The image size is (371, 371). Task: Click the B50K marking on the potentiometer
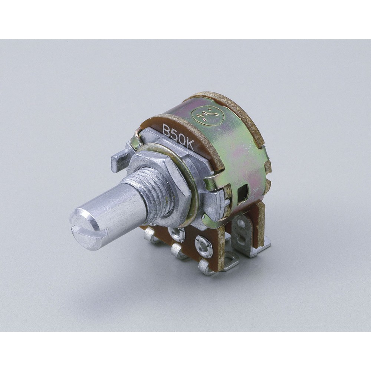coord(178,137)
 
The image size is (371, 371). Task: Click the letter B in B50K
coord(167,129)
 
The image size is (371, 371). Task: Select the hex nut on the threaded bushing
coord(161,180)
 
